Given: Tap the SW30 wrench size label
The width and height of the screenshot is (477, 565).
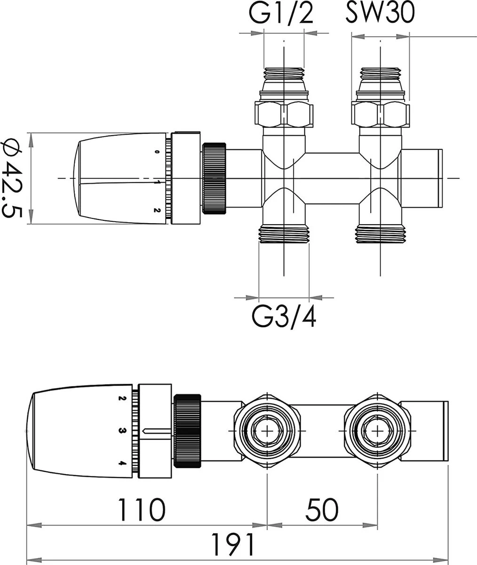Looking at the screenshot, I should coord(380,15).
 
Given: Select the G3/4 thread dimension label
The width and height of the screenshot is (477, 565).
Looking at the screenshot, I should coord(284,316).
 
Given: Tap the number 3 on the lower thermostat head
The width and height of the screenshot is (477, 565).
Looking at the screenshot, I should coord(121,430).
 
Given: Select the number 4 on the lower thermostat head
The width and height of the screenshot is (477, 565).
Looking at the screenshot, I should coord(121,463).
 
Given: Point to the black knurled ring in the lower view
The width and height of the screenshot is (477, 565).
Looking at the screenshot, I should coord(188,430).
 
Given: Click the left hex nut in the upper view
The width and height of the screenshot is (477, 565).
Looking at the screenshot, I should coord(284,113).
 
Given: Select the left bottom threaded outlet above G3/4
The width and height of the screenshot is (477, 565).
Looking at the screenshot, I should coord(284,234).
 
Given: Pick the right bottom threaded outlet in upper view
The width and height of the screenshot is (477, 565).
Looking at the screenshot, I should coord(380,234).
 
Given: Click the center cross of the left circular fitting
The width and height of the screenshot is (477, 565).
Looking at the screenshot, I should coord(267,430).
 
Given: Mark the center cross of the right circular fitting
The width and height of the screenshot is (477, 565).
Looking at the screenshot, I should coord(377,430).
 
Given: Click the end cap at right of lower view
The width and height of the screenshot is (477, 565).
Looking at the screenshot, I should coord(445,430).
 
